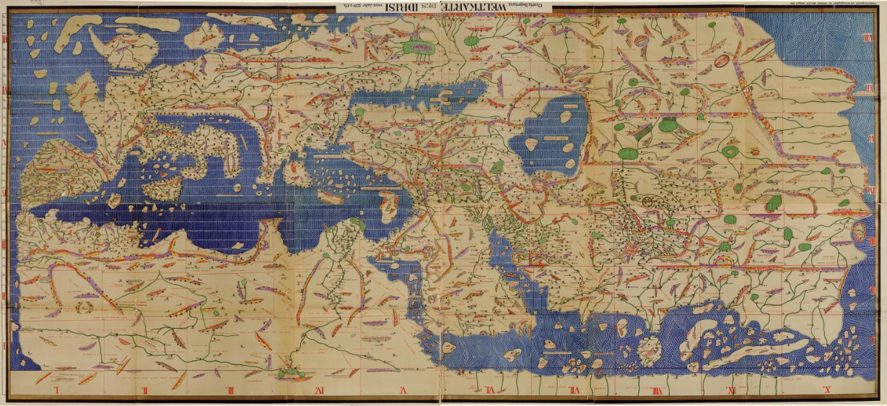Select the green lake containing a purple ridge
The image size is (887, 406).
[x=418, y=48]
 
